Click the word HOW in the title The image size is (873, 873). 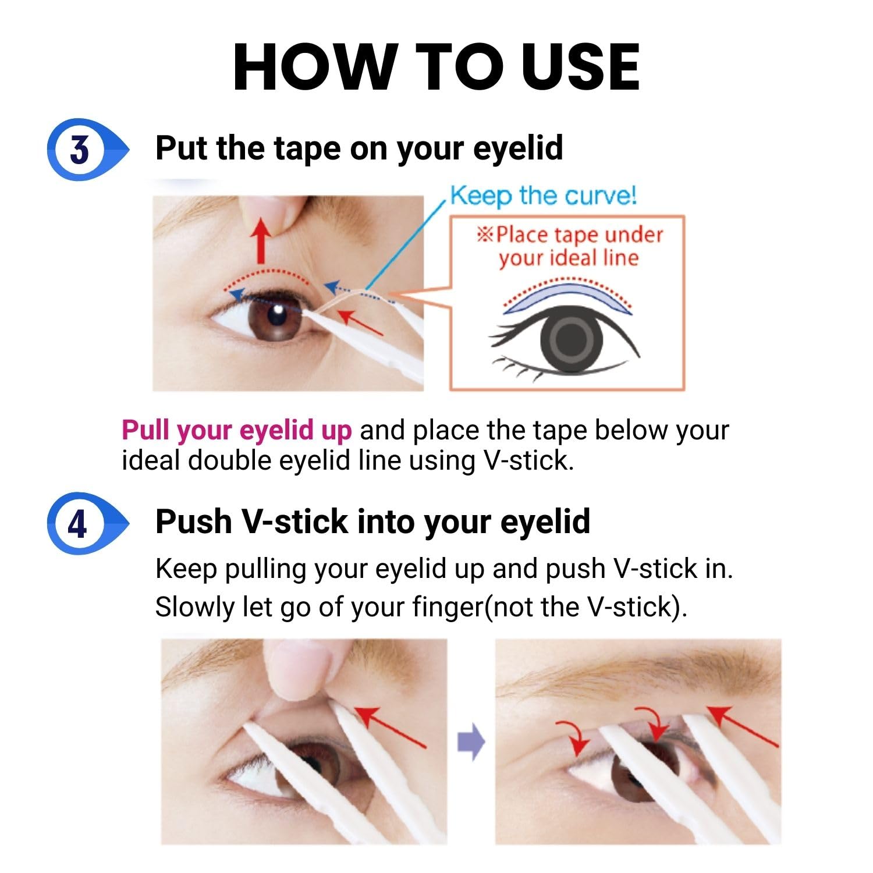coord(315,68)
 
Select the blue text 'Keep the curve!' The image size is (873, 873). coord(544,196)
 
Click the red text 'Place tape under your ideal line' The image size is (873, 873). coord(570,246)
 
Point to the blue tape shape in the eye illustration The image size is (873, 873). coord(567,296)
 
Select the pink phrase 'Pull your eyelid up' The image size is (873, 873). coord(237,431)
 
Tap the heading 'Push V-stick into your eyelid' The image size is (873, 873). coord(372,521)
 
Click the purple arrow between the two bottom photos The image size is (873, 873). coord(471,741)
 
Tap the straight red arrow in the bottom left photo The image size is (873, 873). coord(391,727)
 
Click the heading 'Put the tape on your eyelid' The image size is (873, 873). coord(359,148)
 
